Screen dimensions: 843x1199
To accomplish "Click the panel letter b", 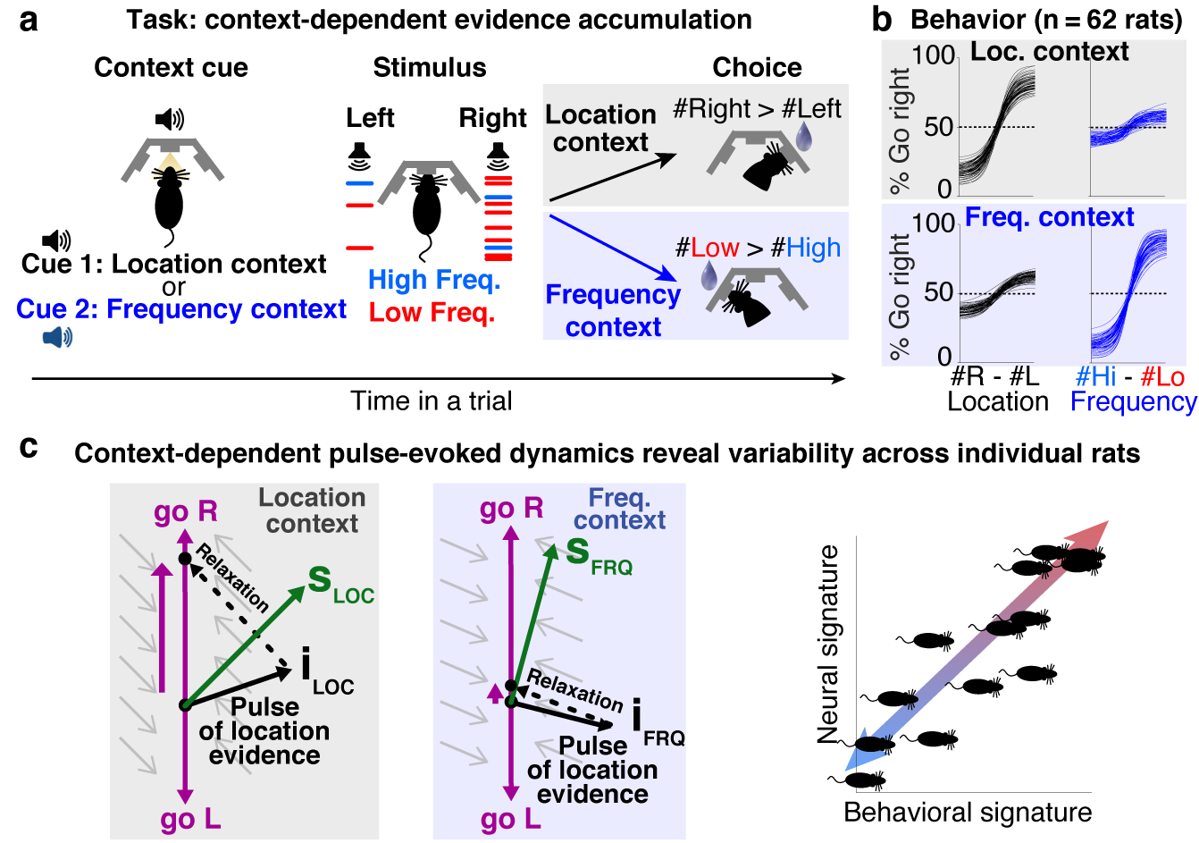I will [882, 20].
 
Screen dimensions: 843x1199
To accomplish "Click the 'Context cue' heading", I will [171, 68].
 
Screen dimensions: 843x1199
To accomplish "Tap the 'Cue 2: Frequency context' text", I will [181, 309].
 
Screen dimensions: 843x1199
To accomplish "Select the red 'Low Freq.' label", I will [432, 312].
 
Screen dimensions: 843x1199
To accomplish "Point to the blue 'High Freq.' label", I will [434, 280].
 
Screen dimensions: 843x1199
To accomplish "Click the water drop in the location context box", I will [805, 136].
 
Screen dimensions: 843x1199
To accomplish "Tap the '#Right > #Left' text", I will [757, 109].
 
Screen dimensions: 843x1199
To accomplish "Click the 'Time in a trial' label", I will [432, 400].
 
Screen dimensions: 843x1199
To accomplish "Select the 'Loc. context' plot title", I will [1049, 52].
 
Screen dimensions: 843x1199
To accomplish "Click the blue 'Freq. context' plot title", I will [1050, 217].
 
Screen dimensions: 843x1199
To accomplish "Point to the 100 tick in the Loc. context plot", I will [934, 55].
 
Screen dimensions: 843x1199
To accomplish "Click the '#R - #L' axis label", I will [994, 376].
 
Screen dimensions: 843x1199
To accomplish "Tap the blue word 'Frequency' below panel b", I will [1133, 402].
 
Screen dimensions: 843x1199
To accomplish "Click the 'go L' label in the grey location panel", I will [190, 819].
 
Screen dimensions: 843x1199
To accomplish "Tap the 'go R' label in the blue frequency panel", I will [511, 509].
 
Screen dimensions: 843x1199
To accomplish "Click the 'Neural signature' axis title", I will [829, 645].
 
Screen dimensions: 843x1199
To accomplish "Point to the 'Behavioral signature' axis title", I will [968, 813].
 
